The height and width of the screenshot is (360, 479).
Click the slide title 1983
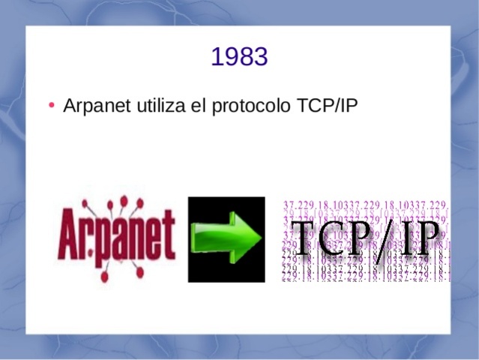pyautogui.click(x=239, y=57)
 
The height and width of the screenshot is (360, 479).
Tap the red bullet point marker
pyautogui.click(x=50, y=105)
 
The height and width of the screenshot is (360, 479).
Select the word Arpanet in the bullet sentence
pyautogui.click(x=97, y=106)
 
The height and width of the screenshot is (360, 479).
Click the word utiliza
pyautogui.click(x=160, y=106)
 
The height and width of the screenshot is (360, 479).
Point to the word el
pyautogui.click(x=197, y=106)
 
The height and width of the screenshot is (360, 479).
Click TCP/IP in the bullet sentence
pyautogui.click(x=328, y=106)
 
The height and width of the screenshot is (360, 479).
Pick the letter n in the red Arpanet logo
pyautogui.click(x=136, y=241)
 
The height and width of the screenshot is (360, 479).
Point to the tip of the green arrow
pyautogui.click(x=261, y=239)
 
